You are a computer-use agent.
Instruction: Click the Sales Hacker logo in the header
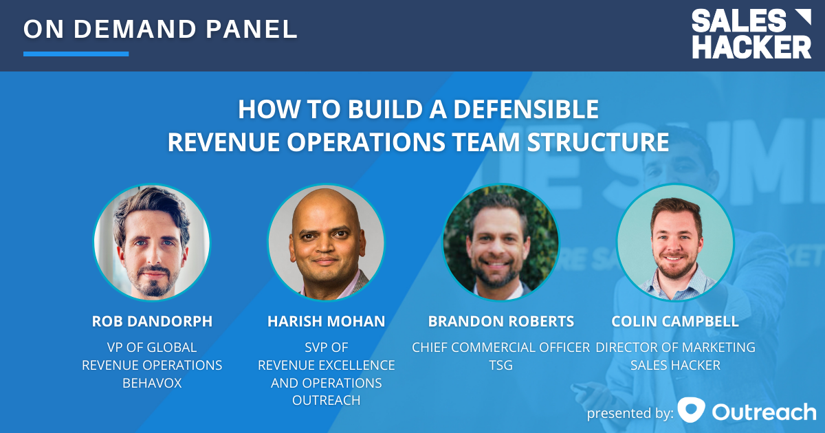tap(751, 34)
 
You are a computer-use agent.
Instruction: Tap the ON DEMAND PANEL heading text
tap(160, 29)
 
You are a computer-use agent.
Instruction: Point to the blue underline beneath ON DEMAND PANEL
tap(76, 54)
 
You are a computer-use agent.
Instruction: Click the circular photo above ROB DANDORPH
tap(151, 242)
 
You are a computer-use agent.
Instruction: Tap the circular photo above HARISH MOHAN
tap(326, 242)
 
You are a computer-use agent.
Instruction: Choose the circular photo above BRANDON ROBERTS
tap(500, 242)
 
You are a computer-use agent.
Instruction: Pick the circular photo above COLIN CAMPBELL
tap(675, 242)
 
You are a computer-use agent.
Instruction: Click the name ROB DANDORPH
tap(151, 322)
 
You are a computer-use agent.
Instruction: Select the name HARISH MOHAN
tap(326, 322)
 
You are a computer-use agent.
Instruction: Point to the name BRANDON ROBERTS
tap(500, 322)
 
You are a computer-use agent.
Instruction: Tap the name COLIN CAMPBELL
tap(675, 322)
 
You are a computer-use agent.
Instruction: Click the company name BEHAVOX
tap(151, 383)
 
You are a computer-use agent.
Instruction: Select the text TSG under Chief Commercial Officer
tap(500, 365)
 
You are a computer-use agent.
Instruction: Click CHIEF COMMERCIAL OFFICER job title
tap(500, 347)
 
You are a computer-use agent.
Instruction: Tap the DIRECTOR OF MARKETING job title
tap(675, 347)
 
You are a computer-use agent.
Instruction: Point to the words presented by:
tap(629, 413)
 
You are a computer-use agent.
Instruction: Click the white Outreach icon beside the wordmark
tap(691, 410)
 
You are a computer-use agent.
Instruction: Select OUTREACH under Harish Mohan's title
tap(326, 400)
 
